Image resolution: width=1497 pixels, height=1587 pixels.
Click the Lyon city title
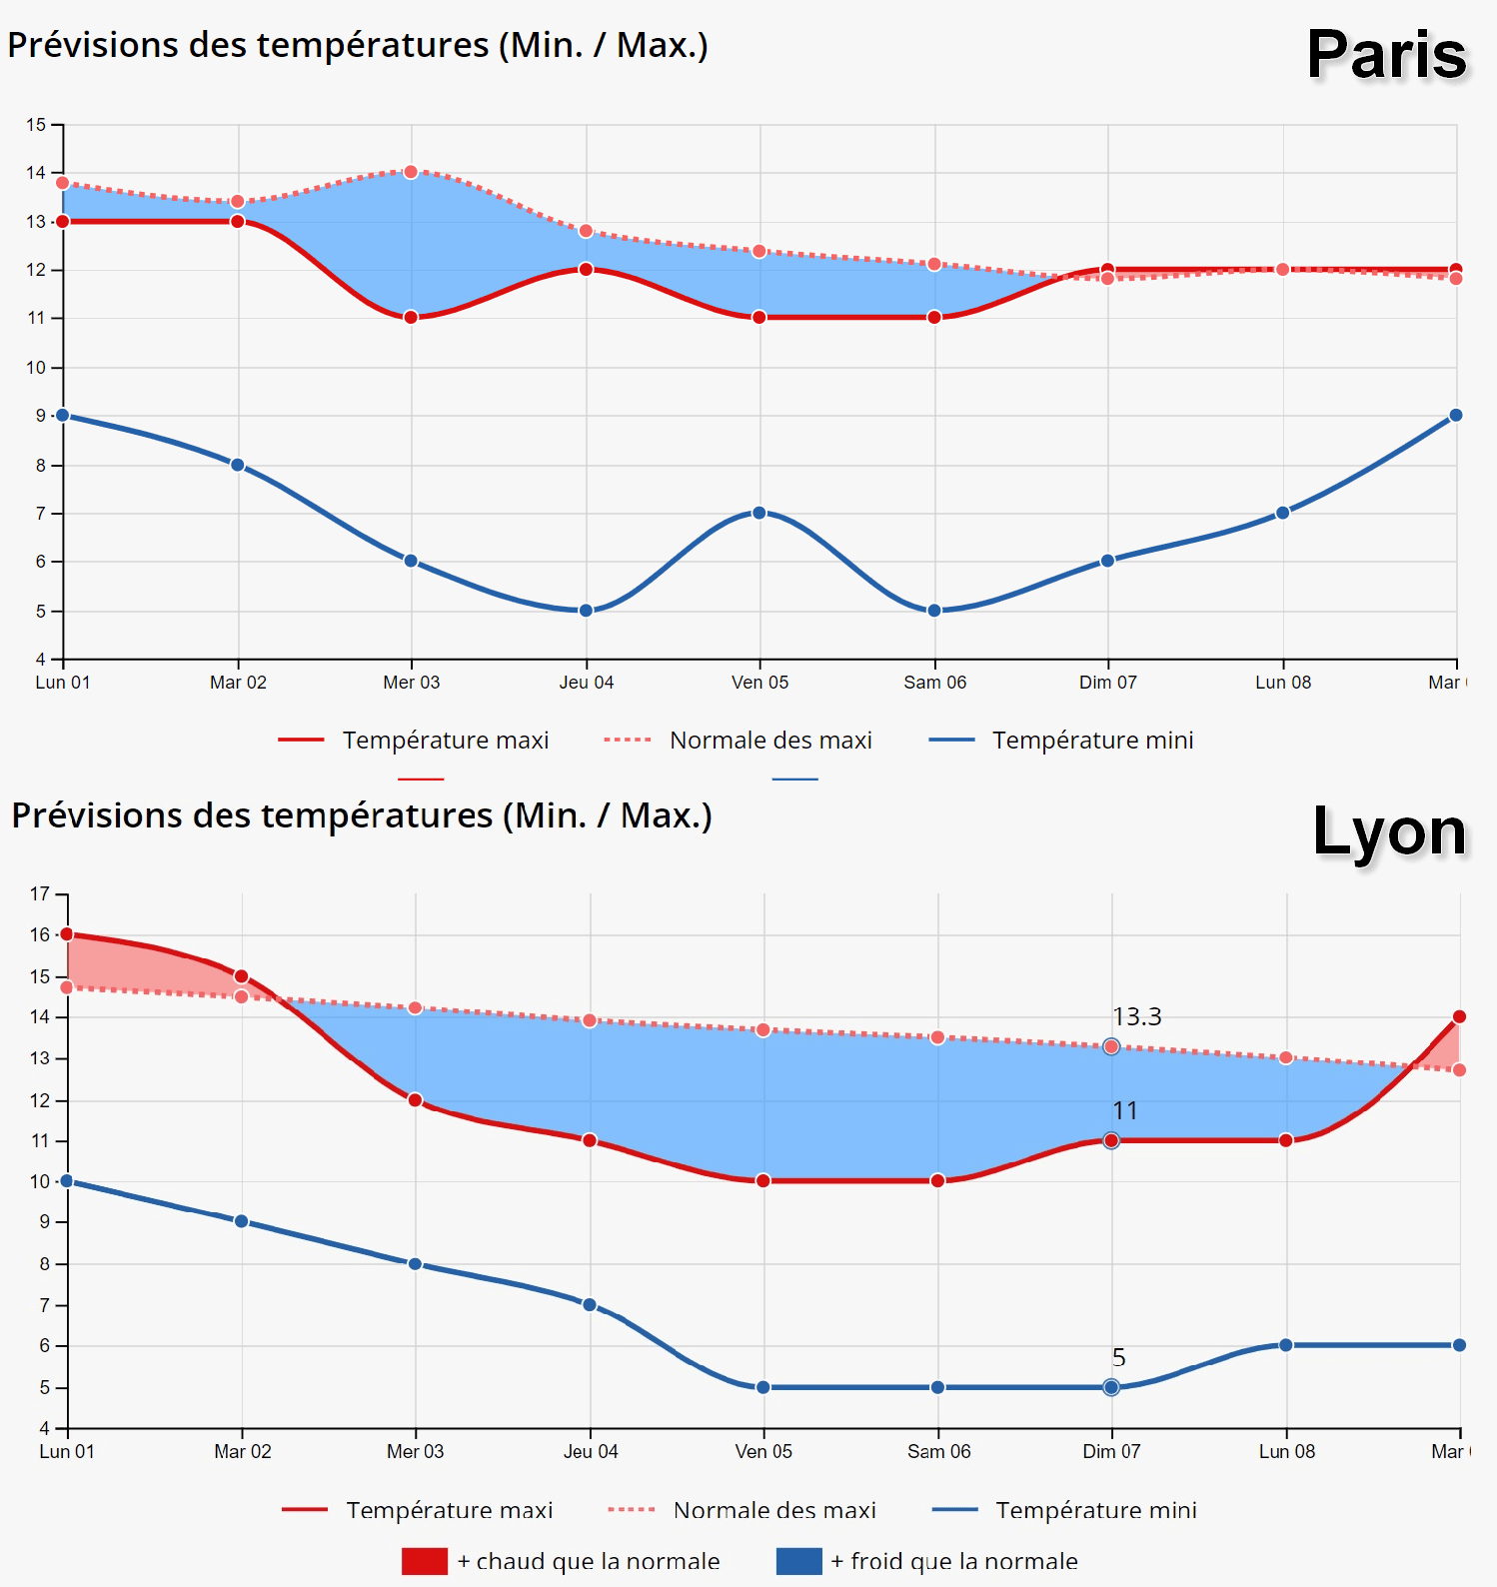[x=1389, y=831]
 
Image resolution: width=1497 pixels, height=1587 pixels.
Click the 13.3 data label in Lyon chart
[x=1137, y=1017]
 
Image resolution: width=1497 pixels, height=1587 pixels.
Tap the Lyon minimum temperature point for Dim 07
[x=1111, y=1387]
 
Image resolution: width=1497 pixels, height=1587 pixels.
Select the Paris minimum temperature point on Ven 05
[x=759, y=513]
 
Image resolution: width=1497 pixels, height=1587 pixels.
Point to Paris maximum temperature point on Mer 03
[x=411, y=317]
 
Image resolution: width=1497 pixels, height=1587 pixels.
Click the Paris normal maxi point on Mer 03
[x=411, y=172]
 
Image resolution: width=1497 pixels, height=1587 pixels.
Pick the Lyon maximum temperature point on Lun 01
[x=67, y=934]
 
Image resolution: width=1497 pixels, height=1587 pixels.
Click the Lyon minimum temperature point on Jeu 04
[x=590, y=1304]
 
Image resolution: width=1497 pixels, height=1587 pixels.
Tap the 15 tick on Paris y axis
[x=37, y=125]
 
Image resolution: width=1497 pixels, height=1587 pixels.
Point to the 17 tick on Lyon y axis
[x=40, y=893]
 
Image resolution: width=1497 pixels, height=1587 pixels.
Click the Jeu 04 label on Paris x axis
[x=587, y=683]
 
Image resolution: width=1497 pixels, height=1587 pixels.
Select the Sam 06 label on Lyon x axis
[x=938, y=1452]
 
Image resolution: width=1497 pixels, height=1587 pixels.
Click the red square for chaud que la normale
[x=425, y=1561]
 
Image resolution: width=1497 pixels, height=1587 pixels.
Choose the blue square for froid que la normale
[x=799, y=1561]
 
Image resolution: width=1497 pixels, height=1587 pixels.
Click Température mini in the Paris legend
[x=1092, y=741]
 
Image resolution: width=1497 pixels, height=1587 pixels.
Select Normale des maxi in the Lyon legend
[x=774, y=1510]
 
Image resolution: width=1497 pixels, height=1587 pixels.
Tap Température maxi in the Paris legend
[x=446, y=741]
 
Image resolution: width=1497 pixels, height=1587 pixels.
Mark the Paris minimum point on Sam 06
[x=934, y=611]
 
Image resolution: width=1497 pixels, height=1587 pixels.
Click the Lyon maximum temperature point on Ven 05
[x=763, y=1180]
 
